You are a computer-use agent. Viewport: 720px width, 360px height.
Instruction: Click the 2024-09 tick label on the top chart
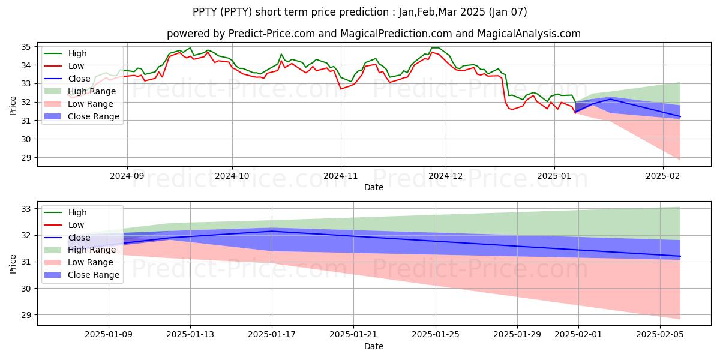[127, 176]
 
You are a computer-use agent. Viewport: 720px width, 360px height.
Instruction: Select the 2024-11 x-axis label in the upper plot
[341, 176]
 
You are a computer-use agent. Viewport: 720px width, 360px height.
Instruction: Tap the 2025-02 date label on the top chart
[663, 176]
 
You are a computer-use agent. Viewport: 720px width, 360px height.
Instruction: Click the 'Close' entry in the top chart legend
[80, 79]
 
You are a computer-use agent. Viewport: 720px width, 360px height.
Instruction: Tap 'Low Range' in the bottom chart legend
[92, 262]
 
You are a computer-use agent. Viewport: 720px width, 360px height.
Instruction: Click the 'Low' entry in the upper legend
[77, 66]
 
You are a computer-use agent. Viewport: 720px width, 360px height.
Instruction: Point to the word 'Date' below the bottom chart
[373, 346]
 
